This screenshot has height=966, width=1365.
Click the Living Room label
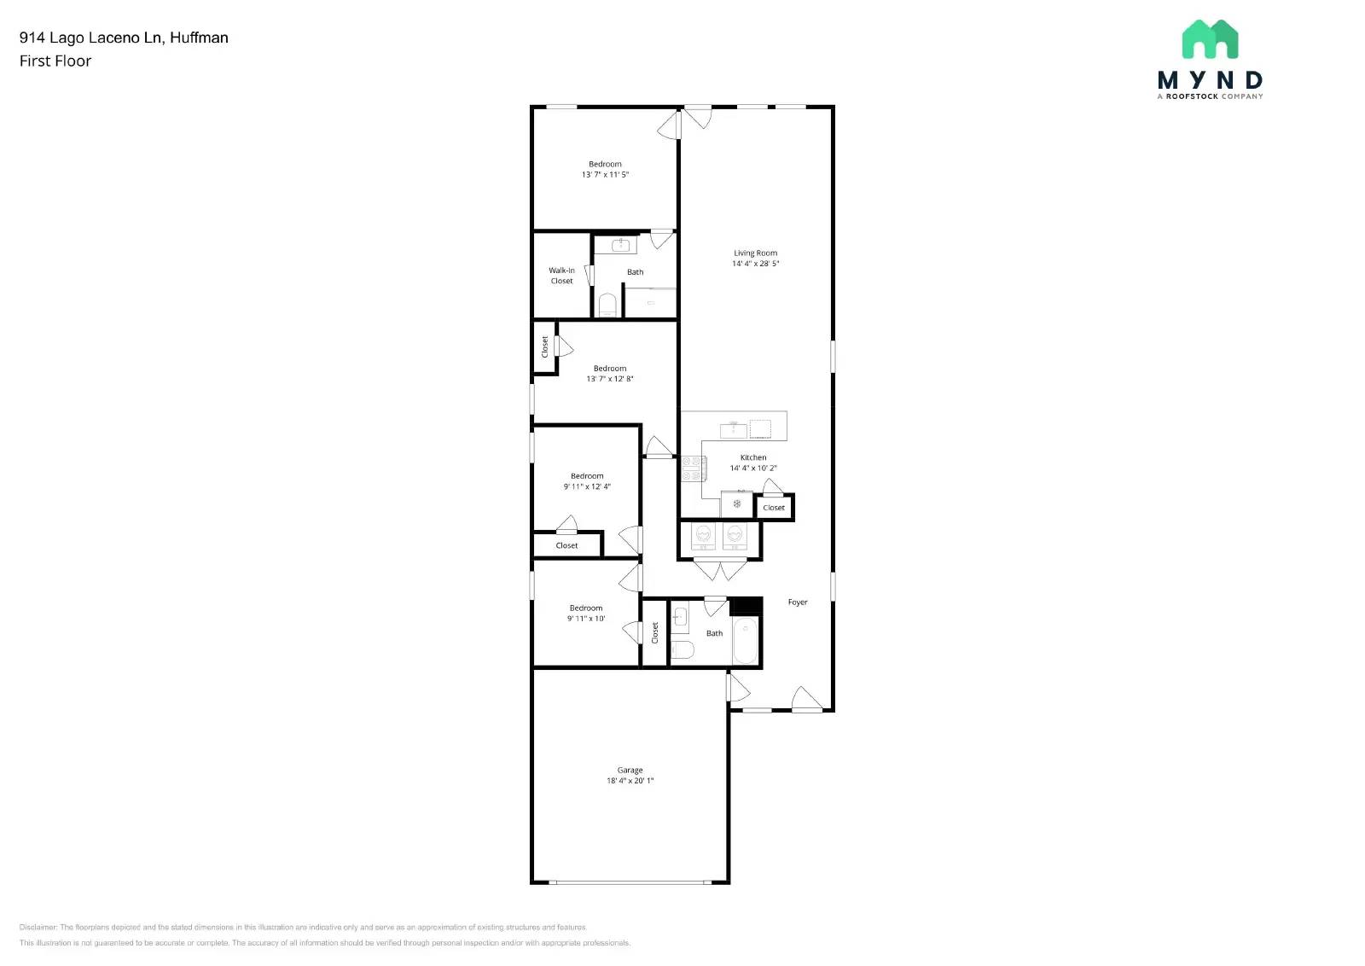pos(755,253)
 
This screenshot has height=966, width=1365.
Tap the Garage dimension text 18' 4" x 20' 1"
pos(630,781)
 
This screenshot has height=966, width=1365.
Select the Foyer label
pos(797,602)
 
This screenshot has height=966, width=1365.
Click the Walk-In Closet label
pos(561,276)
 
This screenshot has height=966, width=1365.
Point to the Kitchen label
pos(752,457)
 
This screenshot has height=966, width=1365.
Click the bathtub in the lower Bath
pos(745,642)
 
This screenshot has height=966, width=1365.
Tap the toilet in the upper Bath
pos(607,306)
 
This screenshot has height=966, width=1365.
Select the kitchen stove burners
pos(692,468)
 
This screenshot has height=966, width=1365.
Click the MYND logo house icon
pos(1210,39)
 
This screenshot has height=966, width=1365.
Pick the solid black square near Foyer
pos(746,605)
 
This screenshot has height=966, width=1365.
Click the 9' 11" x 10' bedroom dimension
pos(586,619)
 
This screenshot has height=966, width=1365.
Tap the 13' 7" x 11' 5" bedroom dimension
pos(605,175)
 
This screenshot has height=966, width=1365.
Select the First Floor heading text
pos(55,61)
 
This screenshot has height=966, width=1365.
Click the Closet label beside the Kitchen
pos(774,508)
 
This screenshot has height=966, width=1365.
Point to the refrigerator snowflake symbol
pos(736,504)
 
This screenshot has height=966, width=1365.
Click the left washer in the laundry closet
pos(703,535)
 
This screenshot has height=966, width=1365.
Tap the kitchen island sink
pos(733,428)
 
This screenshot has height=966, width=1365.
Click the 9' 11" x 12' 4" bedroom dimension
pos(587,487)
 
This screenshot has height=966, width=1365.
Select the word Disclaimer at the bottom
pos(38,927)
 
